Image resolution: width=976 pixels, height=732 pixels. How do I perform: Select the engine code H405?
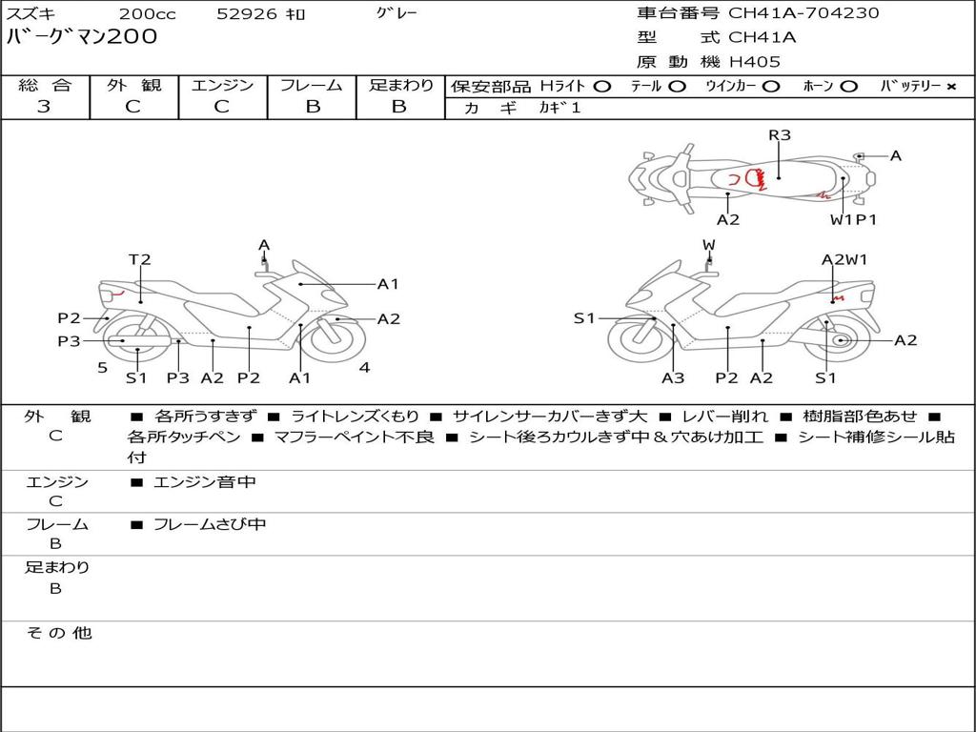[x=754, y=62]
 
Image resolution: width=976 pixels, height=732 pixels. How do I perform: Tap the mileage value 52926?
[x=246, y=14]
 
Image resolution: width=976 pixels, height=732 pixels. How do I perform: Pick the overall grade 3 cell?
[x=44, y=107]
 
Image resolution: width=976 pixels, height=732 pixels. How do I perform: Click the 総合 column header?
[x=44, y=86]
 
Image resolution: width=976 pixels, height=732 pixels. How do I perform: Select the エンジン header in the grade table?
[x=222, y=86]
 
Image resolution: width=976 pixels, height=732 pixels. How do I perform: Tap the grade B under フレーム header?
[x=312, y=107]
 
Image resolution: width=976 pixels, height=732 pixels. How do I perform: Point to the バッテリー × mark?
[x=950, y=87]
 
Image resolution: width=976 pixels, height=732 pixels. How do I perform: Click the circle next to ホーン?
[x=849, y=87]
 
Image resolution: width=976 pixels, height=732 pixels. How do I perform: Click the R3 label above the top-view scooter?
[x=780, y=135]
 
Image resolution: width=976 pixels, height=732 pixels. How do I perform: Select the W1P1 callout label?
[x=853, y=220]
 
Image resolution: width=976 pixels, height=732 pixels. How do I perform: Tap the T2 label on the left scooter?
[x=140, y=259]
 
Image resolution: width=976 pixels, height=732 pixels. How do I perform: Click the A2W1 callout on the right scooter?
[x=844, y=259]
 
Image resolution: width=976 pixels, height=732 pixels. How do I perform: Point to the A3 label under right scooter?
[x=673, y=378]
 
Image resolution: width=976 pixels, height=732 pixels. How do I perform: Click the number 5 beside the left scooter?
[x=102, y=367]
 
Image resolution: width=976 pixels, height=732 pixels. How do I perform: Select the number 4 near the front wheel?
[x=364, y=367]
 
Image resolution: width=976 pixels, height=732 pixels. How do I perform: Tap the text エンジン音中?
[x=205, y=482]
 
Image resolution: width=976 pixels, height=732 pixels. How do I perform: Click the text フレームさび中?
[x=210, y=524]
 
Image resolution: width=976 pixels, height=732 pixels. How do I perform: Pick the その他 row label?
[x=58, y=633]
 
